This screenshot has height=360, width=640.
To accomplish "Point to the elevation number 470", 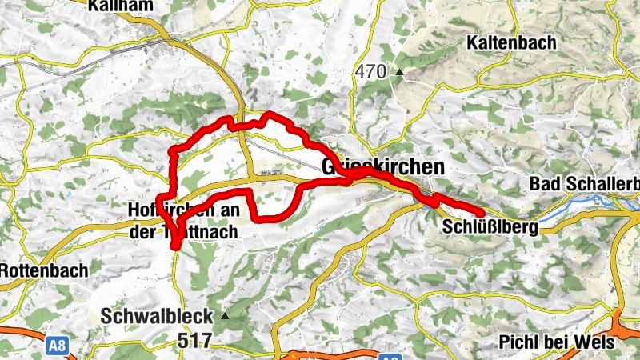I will tap(371, 72).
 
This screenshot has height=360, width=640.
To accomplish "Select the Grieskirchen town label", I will tap(382, 167).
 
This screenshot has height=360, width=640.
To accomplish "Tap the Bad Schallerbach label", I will tap(584, 184).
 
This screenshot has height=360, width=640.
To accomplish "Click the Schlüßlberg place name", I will tap(489, 228).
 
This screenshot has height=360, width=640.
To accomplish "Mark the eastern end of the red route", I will tap(480, 213).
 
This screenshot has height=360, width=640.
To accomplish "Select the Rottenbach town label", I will tap(43, 270).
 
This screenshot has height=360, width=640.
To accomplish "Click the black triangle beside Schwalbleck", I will tap(225, 316).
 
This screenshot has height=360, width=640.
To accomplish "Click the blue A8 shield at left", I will tap(56, 346).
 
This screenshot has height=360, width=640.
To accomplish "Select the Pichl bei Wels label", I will tap(556, 342).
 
